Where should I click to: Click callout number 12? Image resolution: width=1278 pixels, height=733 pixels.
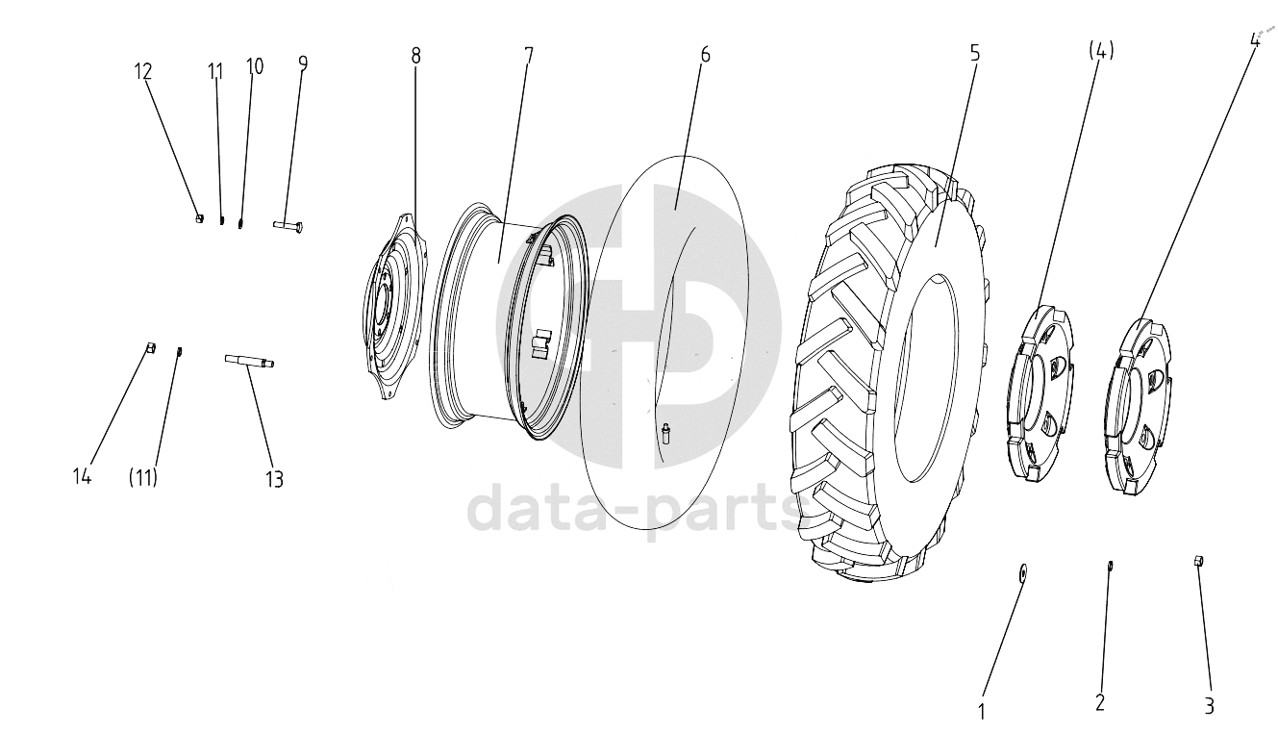tap(143, 72)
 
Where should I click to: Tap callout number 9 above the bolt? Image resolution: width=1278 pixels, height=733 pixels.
tap(302, 63)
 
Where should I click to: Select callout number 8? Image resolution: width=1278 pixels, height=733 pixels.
tap(415, 56)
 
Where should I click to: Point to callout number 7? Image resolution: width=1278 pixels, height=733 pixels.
tap(528, 56)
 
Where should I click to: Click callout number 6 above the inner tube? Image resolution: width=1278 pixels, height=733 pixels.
tap(705, 55)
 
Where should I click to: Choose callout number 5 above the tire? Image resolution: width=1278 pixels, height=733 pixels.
tap(974, 53)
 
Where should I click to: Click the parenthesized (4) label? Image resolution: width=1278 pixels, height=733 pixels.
tap(1101, 51)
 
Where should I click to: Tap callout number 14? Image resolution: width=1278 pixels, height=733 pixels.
tap(82, 475)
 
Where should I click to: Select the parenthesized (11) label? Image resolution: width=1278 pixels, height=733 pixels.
tap(142, 477)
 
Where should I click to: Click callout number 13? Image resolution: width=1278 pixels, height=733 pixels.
tap(274, 479)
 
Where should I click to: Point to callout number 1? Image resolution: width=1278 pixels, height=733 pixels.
tap(981, 712)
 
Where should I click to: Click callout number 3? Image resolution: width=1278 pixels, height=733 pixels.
tap(1209, 706)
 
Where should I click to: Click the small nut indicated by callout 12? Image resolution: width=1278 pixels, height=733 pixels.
tap(199, 218)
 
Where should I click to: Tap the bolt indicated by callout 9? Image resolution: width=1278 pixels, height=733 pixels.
tap(288, 226)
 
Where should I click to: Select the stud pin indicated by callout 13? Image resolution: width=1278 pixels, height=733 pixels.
tap(249, 361)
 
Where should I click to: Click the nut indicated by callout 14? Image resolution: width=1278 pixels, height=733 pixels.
tap(151, 347)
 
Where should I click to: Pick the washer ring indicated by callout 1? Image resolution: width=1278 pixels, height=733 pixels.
tap(1022, 572)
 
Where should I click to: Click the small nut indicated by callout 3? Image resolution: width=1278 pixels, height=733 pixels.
tap(1198, 561)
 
